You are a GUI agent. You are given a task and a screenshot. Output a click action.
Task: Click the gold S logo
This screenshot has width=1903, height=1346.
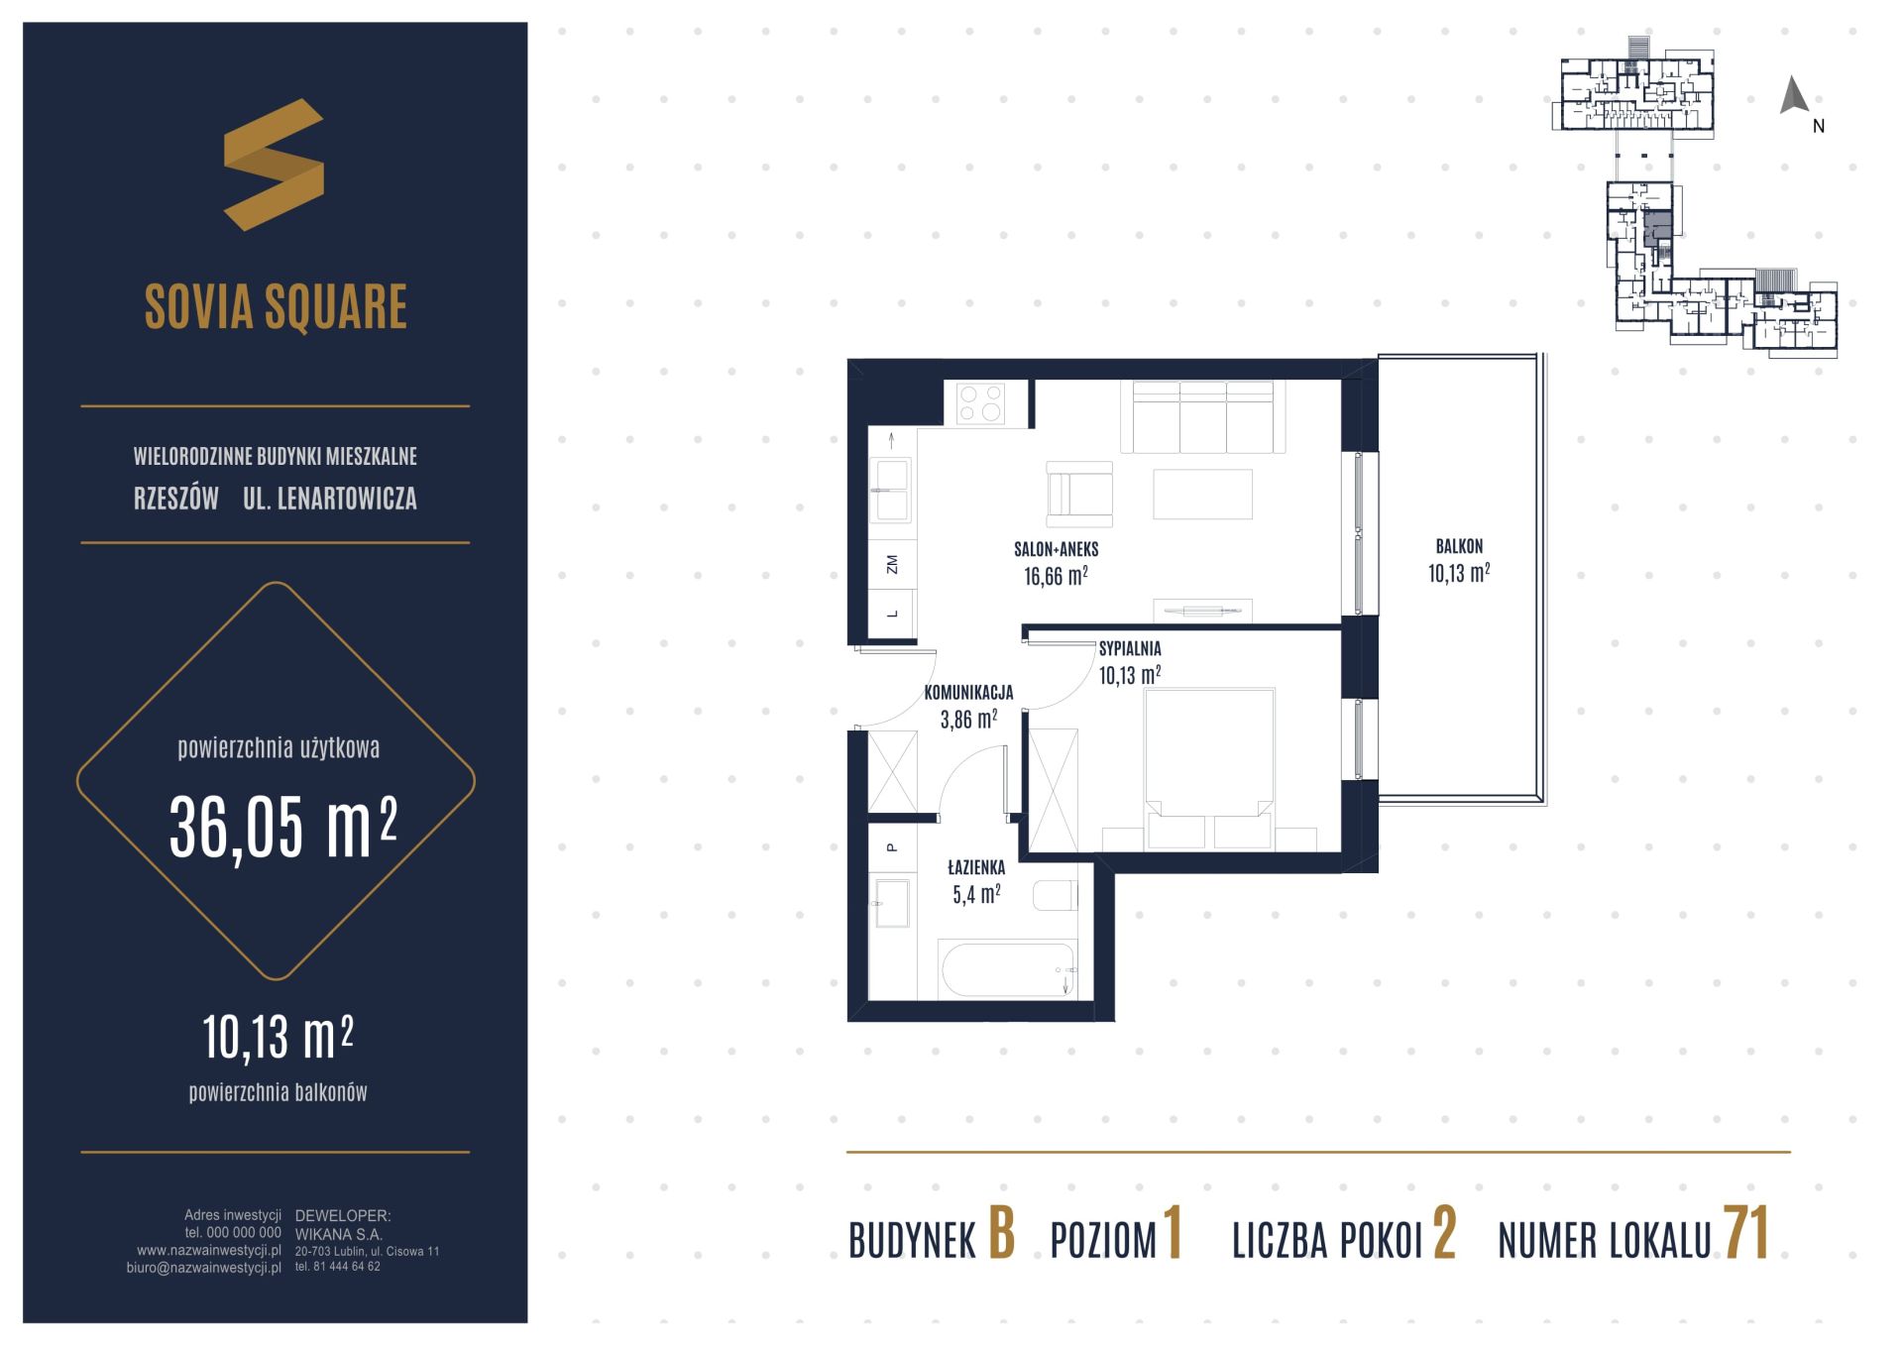click(274, 165)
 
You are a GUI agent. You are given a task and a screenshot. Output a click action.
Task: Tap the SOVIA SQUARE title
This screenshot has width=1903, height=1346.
click(276, 306)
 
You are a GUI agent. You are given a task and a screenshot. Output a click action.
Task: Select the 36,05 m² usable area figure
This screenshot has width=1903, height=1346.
click(283, 829)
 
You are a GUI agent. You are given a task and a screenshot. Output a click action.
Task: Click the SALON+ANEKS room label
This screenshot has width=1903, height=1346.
click(1056, 549)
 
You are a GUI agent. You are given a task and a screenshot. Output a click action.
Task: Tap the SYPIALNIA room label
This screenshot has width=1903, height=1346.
click(1130, 649)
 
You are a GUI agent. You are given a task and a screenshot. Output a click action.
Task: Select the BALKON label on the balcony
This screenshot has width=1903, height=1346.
click(1459, 546)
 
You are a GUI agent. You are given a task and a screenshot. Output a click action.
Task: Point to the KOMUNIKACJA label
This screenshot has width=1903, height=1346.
click(968, 693)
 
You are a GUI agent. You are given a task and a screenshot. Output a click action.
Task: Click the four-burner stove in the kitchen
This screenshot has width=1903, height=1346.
click(981, 404)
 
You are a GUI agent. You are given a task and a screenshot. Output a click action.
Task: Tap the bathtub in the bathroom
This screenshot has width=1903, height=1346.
click(1006, 969)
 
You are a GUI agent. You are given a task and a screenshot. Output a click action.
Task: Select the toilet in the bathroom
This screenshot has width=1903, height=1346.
click(1055, 895)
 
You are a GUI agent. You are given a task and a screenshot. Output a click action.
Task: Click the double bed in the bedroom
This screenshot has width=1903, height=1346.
click(1209, 769)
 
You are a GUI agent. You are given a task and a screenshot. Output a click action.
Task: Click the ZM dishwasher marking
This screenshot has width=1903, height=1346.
click(892, 565)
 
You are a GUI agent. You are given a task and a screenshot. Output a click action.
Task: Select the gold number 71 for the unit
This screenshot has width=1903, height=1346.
click(1746, 1235)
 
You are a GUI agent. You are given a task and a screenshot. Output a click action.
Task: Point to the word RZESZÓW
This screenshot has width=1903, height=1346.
click(176, 499)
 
